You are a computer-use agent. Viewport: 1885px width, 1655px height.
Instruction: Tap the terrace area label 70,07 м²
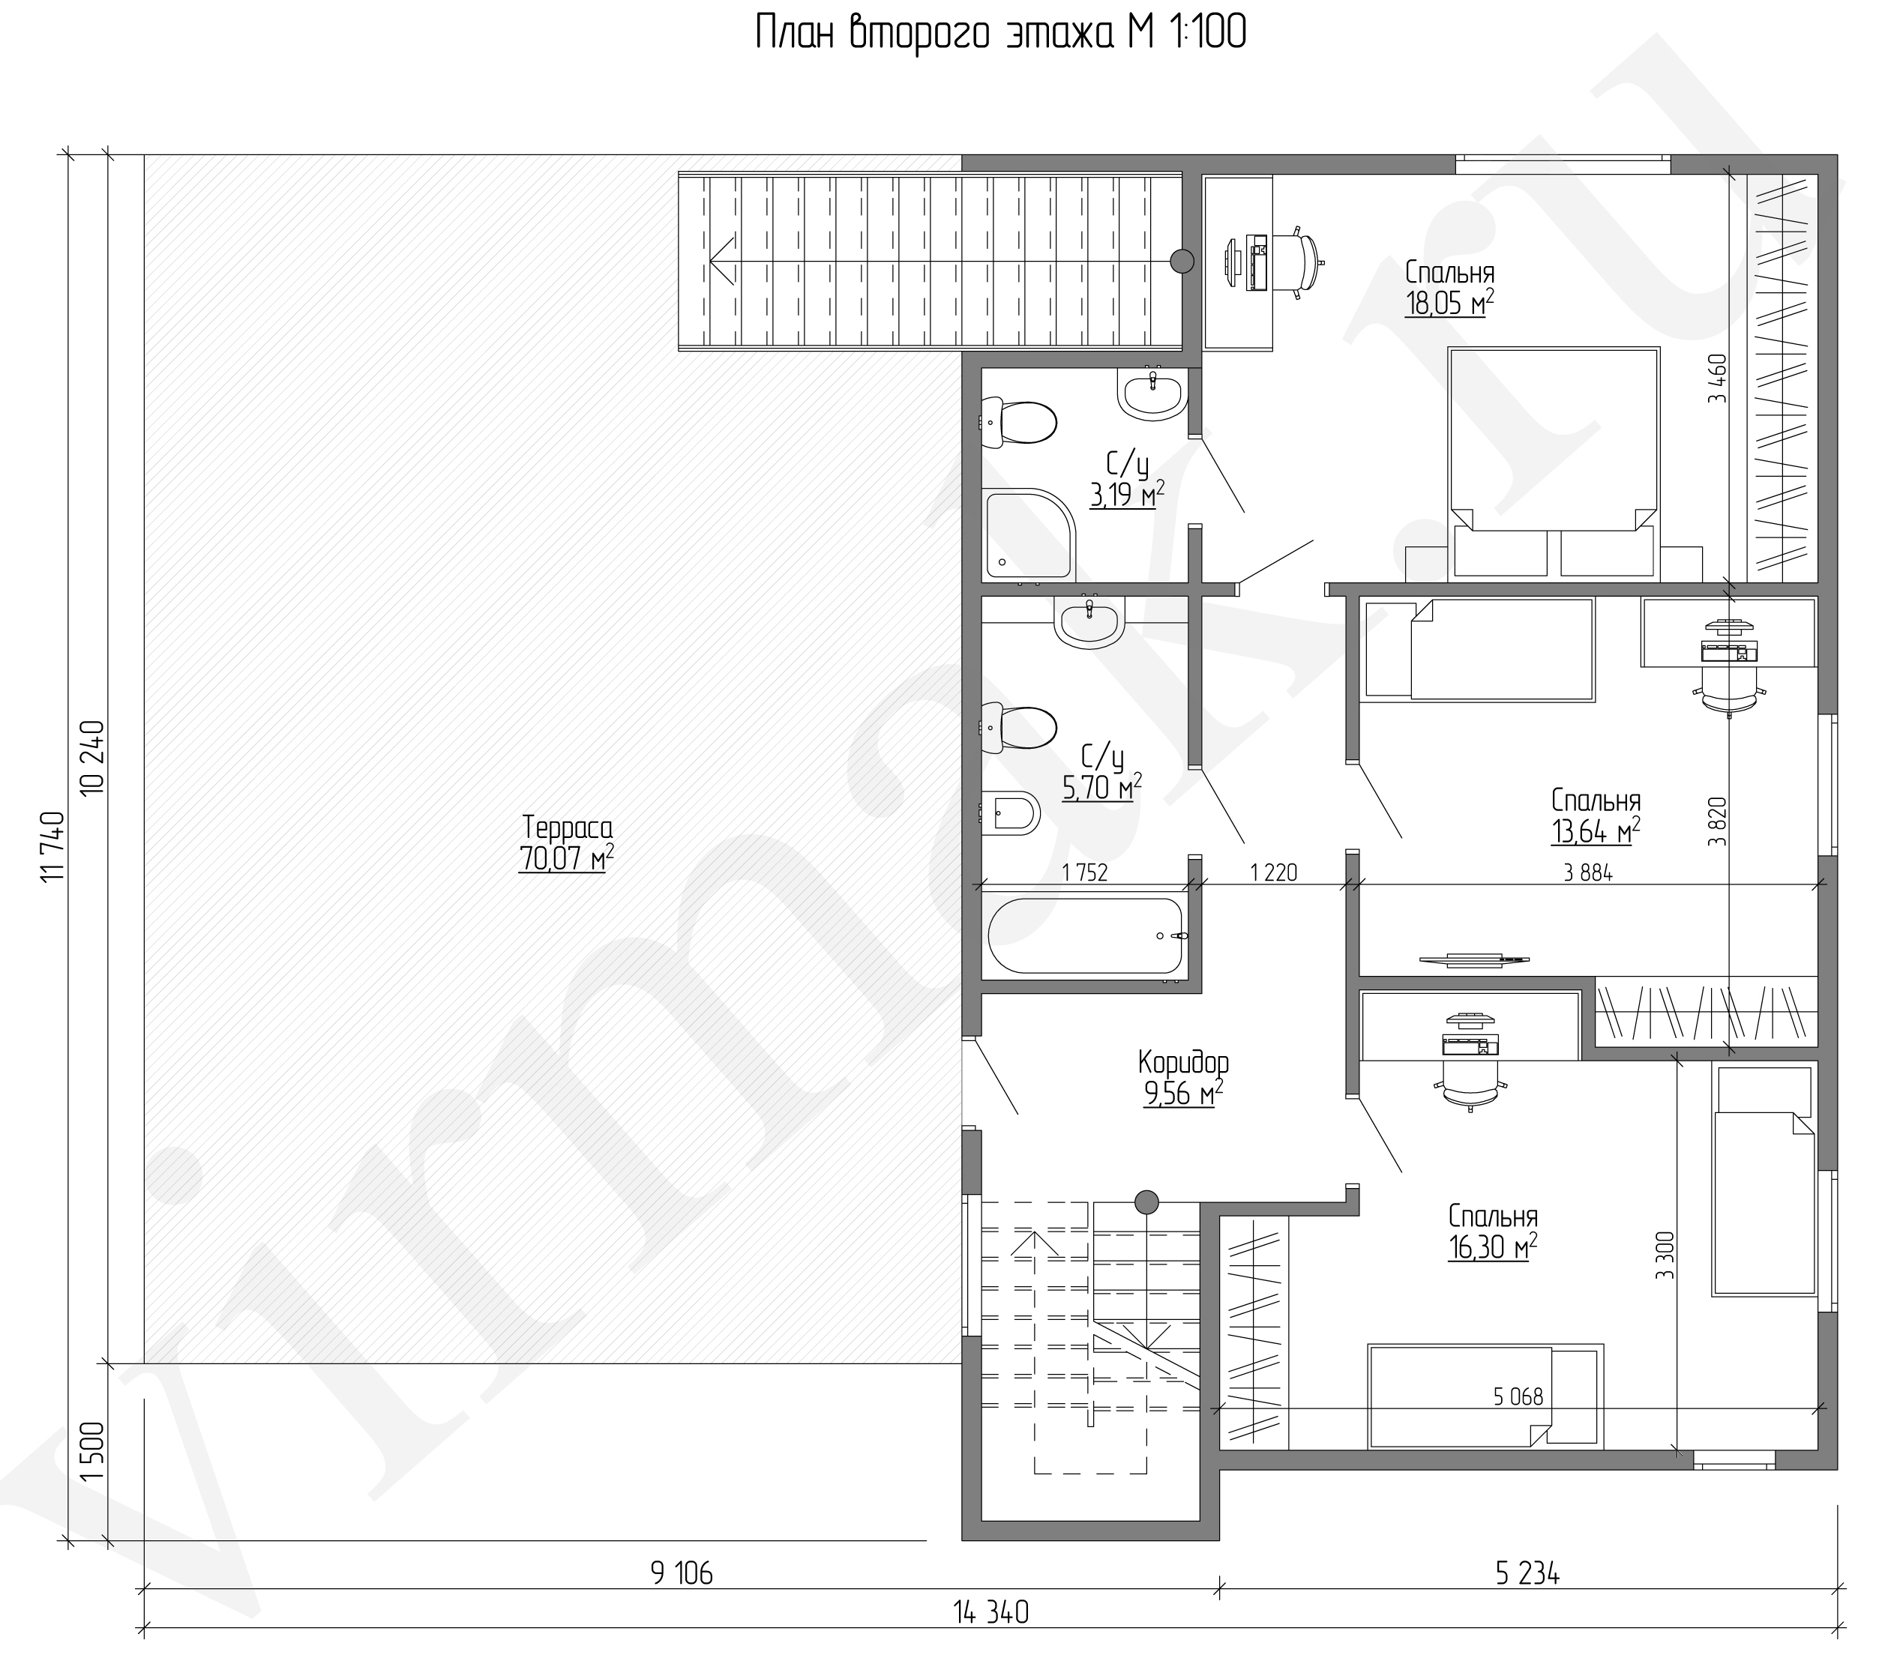tap(565, 857)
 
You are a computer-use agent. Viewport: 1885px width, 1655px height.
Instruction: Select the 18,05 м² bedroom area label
tap(1449, 301)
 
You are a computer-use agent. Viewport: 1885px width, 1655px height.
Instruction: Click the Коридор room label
tap(1183, 1062)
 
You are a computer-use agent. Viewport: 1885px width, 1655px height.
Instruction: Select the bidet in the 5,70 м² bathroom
tap(1010, 811)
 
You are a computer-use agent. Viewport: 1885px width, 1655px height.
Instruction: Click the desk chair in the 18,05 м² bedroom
tap(1300, 262)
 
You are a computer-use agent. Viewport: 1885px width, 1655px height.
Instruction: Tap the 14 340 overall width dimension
tap(991, 1612)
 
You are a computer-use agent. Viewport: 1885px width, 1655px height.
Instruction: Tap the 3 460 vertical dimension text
tap(1716, 379)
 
